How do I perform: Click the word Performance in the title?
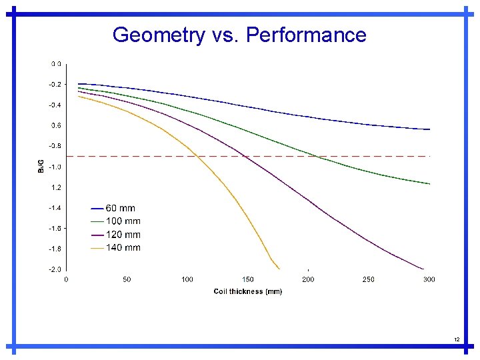click(306, 35)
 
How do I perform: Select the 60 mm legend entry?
click(120, 208)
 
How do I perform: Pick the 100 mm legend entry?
click(123, 221)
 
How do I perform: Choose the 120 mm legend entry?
click(123, 235)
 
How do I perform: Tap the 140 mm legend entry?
click(123, 248)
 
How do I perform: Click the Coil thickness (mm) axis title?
click(247, 291)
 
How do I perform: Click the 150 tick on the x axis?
click(247, 279)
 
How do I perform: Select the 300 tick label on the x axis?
click(429, 279)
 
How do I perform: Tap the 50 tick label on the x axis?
click(127, 279)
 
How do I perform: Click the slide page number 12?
click(457, 340)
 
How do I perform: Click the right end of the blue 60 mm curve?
click(429, 129)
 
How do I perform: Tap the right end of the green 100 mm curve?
click(429, 183)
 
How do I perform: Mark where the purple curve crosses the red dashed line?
click(246, 156)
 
